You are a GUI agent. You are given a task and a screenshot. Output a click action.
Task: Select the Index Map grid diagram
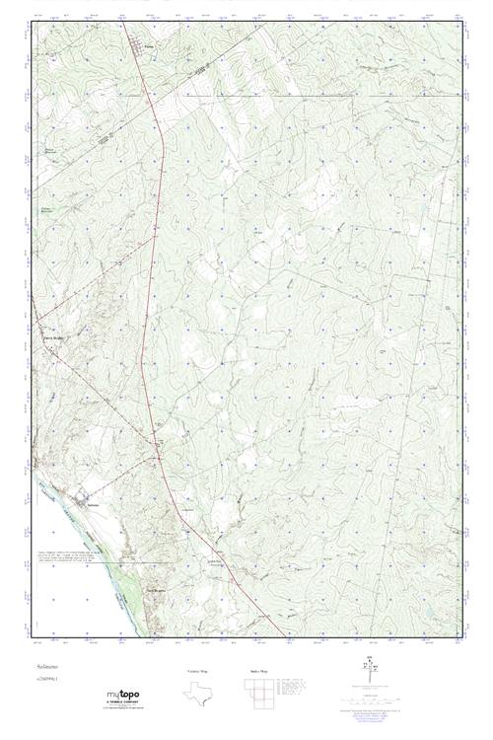click(258, 692)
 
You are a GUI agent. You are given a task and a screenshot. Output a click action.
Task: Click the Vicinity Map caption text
click(198, 670)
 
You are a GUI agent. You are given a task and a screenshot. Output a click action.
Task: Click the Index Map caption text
click(258, 670)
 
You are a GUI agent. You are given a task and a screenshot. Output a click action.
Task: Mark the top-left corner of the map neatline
click(31, 21)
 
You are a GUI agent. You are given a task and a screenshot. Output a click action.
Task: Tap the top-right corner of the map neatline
click(463, 21)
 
